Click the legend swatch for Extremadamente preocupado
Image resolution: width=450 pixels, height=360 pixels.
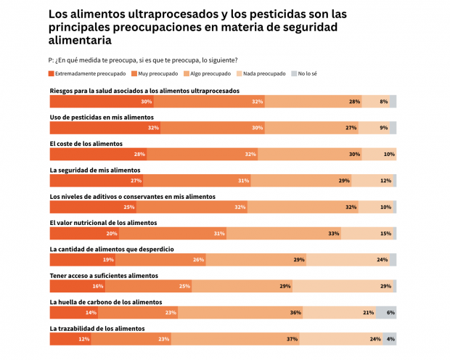52,73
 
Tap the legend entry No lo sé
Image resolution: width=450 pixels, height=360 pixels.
308,73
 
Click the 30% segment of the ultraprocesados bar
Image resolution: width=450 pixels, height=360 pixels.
102,102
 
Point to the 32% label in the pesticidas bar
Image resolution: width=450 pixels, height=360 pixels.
152,128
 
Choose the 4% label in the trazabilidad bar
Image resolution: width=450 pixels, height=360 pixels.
390,339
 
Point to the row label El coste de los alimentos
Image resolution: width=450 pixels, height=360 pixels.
86,144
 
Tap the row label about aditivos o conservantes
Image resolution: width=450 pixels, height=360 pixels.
132,196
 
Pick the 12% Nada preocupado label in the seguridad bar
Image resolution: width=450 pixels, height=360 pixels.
385,181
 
